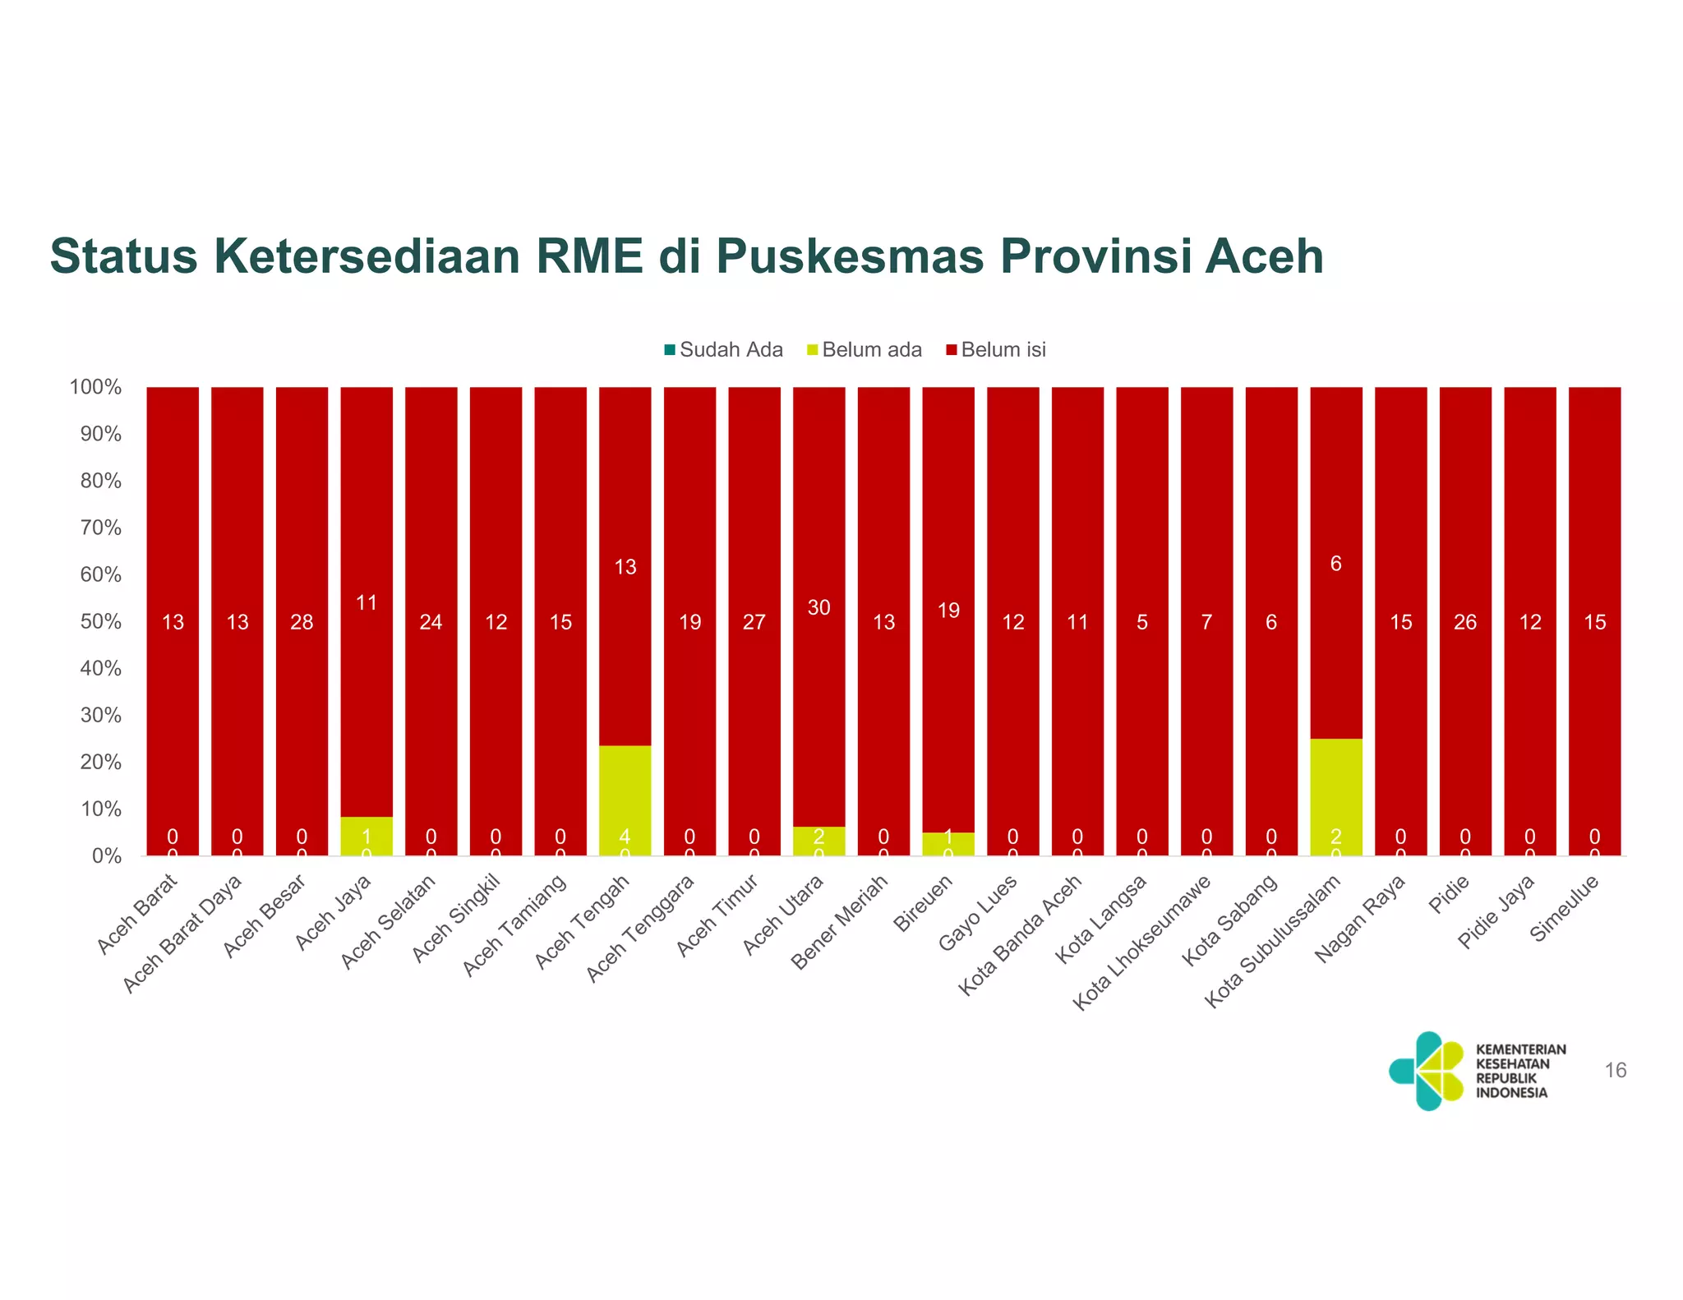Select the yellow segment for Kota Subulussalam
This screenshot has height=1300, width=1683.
[1335, 796]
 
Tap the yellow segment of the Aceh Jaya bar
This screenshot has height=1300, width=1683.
[367, 836]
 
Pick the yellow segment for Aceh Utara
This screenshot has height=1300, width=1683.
[818, 841]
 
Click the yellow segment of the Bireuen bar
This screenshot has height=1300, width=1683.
[948, 844]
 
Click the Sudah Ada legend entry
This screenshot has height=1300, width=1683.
[723, 350]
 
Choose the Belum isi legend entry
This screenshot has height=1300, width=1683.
[996, 350]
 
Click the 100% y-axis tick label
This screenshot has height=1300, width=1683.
[96, 387]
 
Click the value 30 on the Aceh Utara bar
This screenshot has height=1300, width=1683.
[818, 607]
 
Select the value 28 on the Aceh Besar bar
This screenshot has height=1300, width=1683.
[302, 622]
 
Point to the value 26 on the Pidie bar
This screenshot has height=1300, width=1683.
[1465, 622]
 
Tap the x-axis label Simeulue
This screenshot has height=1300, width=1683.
[1565, 909]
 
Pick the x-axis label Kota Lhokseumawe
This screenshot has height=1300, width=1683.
[1143, 943]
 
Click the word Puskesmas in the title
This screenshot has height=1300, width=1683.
[850, 256]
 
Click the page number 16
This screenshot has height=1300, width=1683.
[1615, 1070]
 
